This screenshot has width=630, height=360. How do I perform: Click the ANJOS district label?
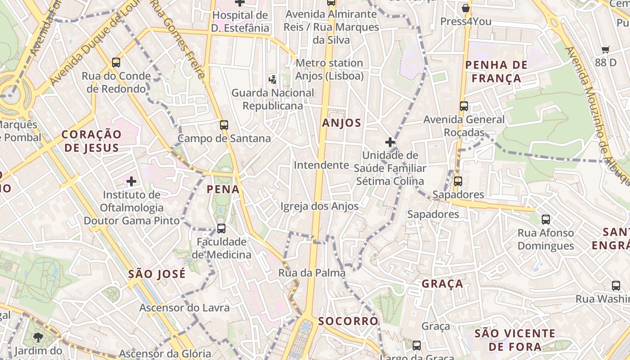342,122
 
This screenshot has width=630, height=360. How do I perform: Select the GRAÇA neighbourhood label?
442,283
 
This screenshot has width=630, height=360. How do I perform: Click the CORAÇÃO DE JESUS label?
91,141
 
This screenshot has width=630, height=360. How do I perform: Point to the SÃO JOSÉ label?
157,274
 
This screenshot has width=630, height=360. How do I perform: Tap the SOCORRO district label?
348,321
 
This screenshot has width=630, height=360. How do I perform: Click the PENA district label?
223,189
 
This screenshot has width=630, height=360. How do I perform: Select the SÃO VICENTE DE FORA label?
515,340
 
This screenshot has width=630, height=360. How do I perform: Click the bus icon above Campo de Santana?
224,125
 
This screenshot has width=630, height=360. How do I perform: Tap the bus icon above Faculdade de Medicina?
221,228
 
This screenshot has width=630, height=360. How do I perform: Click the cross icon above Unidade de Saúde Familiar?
390,143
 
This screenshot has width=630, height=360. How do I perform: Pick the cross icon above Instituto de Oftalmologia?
131,182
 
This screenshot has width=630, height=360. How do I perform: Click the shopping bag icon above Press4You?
466,8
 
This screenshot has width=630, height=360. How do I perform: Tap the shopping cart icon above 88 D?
606,50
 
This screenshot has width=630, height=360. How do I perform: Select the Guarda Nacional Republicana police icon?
272,80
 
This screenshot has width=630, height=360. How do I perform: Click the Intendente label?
321,165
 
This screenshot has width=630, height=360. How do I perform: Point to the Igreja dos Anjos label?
319,206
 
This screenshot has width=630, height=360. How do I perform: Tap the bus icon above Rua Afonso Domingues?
546,220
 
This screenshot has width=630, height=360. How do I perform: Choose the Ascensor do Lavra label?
184,308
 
